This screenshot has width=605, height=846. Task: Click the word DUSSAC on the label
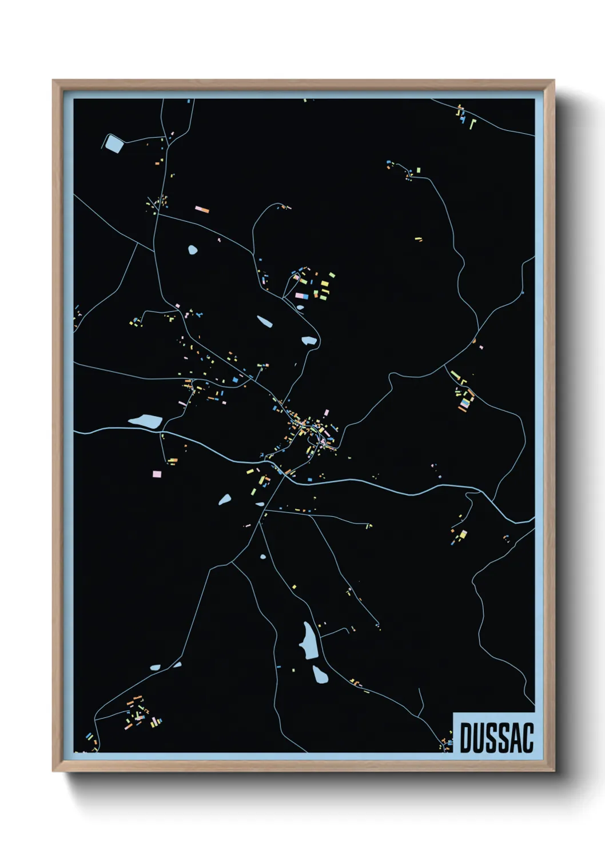tap(496, 737)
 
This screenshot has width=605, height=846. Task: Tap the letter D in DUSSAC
tap(465, 737)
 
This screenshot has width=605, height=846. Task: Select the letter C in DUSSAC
tap(527, 737)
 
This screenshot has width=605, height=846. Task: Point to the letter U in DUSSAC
tap(478, 737)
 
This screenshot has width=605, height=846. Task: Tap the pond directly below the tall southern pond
tap(320, 675)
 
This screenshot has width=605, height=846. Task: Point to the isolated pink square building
tap(157, 474)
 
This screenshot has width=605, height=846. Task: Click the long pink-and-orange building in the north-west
tap(202, 210)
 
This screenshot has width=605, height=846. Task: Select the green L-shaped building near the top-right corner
tap(472, 123)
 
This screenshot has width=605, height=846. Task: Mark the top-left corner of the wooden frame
tap(54, 81)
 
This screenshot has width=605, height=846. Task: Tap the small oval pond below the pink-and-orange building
tap(193, 249)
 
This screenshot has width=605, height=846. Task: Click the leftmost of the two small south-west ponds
tap(155, 667)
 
